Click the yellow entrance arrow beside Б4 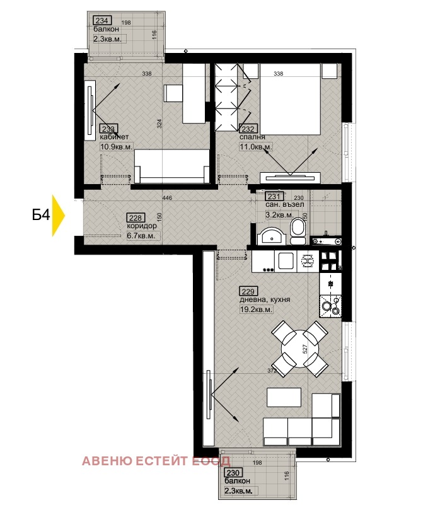(59, 215)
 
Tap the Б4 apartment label (41, 216)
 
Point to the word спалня (252, 137)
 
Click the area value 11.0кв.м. (255, 148)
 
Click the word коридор (141, 226)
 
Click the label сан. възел (284, 205)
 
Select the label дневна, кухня (264, 300)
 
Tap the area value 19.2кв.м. (256, 310)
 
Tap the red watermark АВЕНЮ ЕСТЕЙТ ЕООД (156, 461)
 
